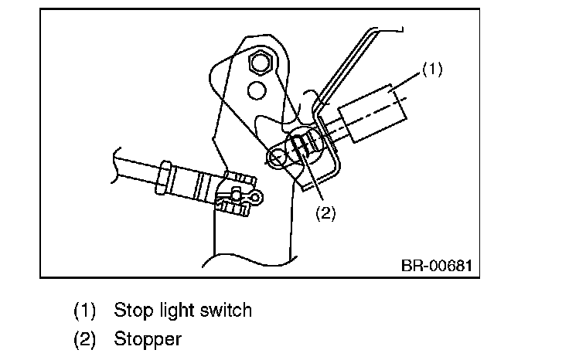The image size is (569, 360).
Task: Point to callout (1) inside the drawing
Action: point(432,70)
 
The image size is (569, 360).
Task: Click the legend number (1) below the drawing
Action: point(85,311)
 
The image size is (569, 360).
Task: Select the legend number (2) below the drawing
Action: point(85,338)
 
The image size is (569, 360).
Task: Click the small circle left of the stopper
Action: point(276,159)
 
